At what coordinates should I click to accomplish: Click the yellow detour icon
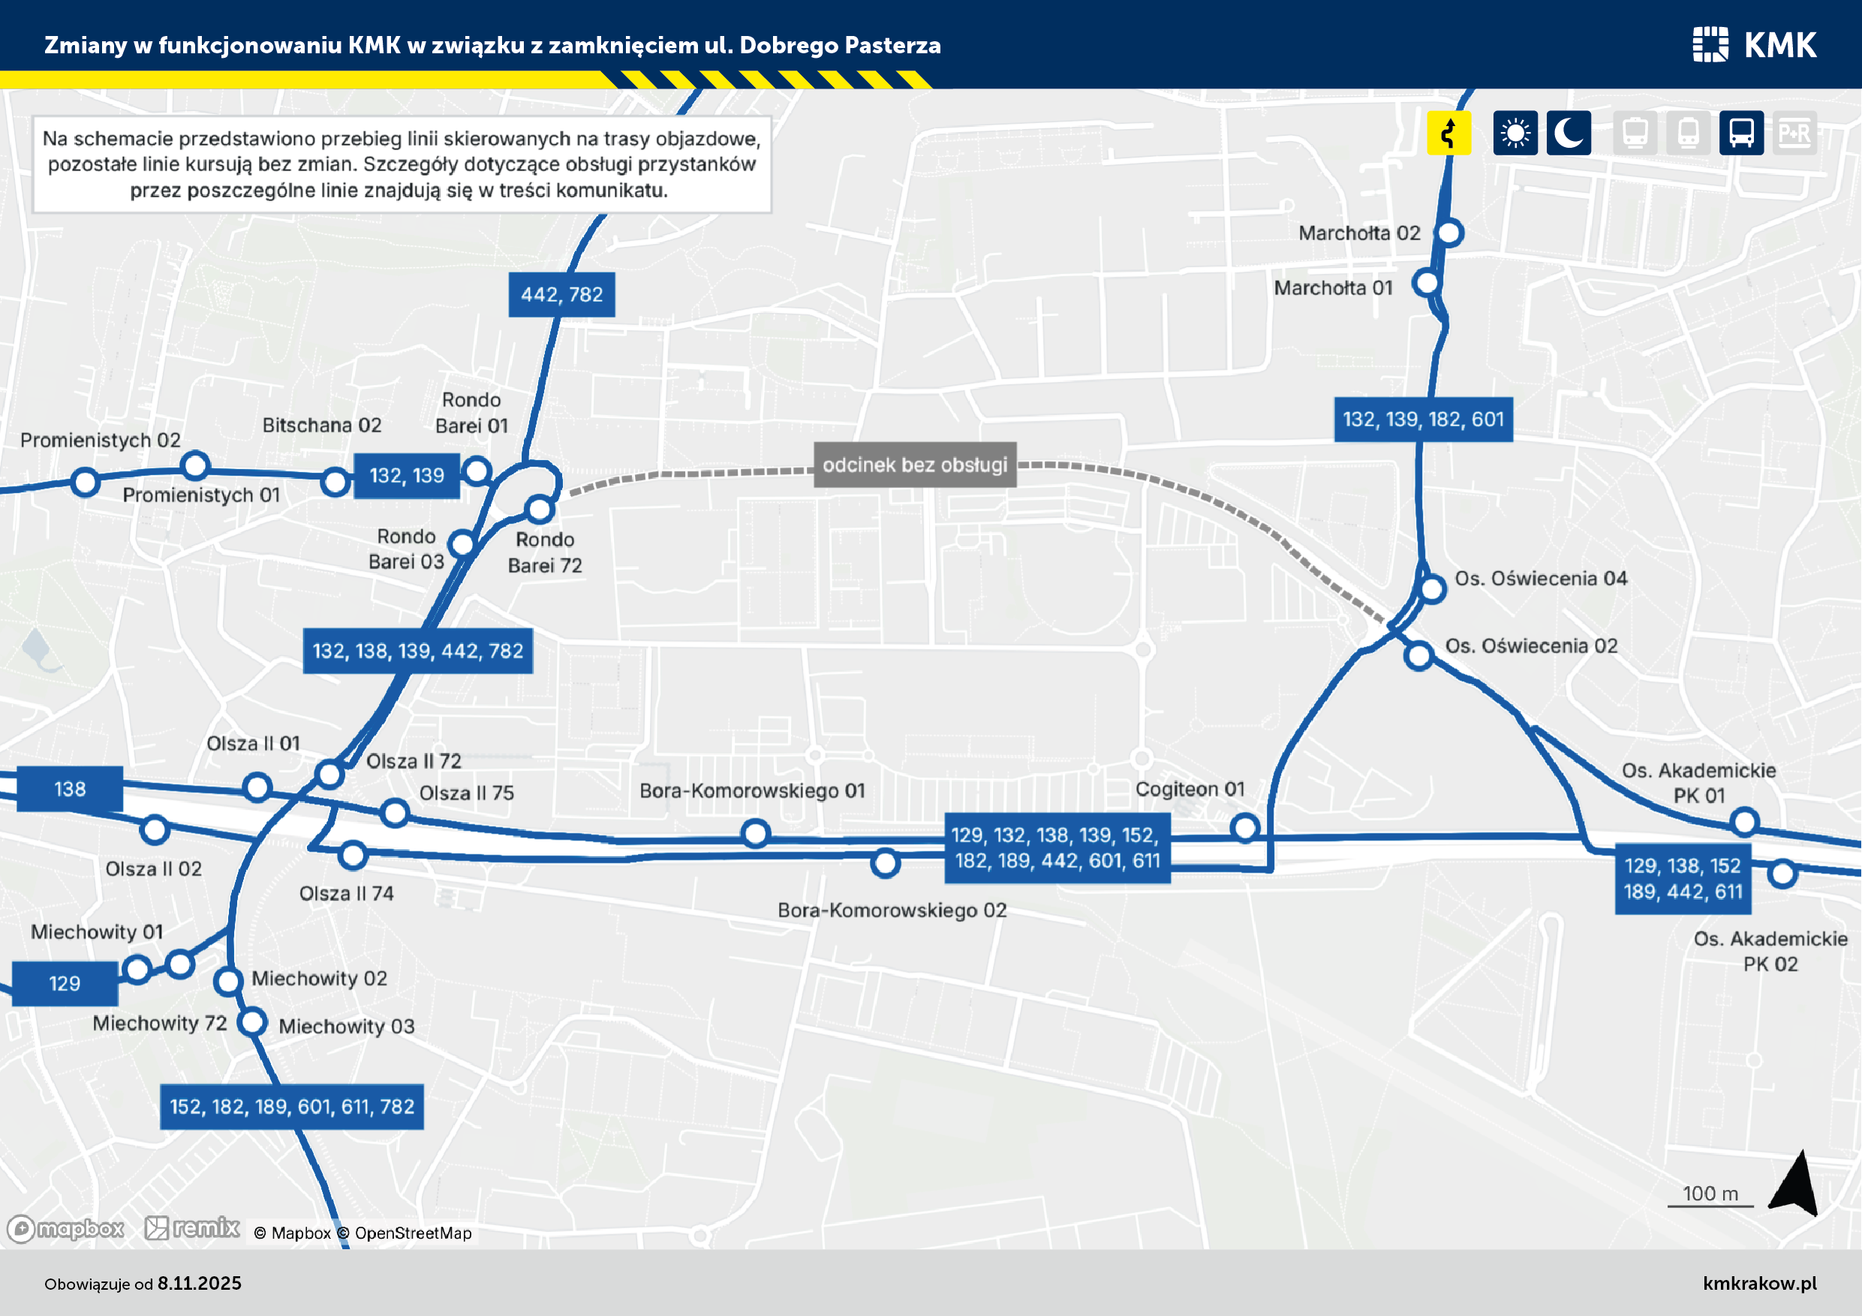pyautogui.click(x=1448, y=132)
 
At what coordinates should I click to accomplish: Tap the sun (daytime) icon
pyautogui.click(x=1515, y=132)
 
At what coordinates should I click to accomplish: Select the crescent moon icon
pyautogui.click(x=1569, y=132)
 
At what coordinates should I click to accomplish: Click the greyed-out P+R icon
pyautogui.click(x=1794, y=132)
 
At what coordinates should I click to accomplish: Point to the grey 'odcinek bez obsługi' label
pyautogui.click(x=915, y=464)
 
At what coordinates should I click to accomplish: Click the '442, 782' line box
pyautogui.click(x=561, y=294)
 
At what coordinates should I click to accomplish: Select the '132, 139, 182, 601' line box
pyautogui.click(x=1423, y=419)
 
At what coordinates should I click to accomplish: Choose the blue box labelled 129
pyautogui.click(x=65, y=984)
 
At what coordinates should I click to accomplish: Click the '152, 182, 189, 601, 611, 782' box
pyautogui.click(x=292, y=1107)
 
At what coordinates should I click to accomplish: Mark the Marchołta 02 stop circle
pyautogui.click(x=1449, y=233)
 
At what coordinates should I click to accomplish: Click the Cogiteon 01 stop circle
pyautogui.click(x=1245, y=828)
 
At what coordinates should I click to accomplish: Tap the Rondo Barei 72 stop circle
pyautogui.click(x=540, y=510)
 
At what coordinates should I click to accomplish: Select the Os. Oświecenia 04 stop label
pyautogui.click(x=1541, y=578)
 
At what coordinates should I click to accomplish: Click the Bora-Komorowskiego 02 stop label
pyautogui.click(x=892, y=910)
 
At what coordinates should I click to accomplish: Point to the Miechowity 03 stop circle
pyautogui.click(x=253, y=1021)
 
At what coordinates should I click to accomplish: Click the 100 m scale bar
pyautogui.click(x=1710, y=1206)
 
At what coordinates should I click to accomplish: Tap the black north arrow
pyautogui.click(x=1795, y=1184)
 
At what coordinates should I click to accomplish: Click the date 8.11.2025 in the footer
pyautogui.click(x=200, y=1284)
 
